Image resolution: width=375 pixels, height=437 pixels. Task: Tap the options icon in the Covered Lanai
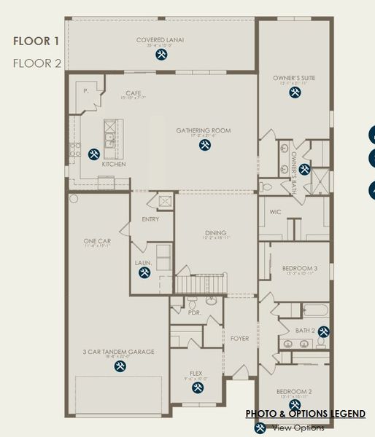point(161,54)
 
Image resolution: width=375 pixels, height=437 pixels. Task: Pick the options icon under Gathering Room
point(205,145)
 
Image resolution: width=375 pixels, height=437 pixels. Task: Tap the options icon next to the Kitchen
point(94,154)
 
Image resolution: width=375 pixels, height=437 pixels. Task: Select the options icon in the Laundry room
point(144,272)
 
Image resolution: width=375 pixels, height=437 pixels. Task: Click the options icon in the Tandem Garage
point(120,366)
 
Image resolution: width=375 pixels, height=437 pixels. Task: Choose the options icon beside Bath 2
point(323,331)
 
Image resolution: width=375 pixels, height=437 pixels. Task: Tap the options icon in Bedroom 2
point(295,404)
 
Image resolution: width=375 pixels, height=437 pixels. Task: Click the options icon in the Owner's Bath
point(304,170)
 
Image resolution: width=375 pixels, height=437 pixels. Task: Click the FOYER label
point(239,339)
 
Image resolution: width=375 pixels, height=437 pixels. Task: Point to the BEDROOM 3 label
point(300,268)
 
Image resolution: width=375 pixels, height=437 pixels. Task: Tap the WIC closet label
point(276,212)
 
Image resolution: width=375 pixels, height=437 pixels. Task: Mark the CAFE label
point(133,92)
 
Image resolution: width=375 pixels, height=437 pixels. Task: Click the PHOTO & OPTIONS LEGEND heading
point(305,414)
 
